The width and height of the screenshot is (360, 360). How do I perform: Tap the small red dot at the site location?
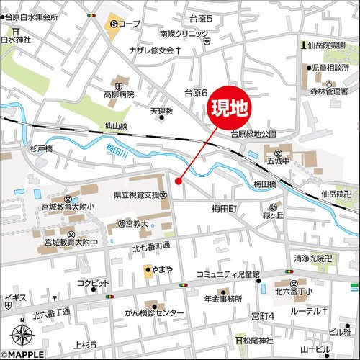click(x=179, y=181)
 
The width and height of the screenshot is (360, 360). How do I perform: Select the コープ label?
click(x=132, y=24)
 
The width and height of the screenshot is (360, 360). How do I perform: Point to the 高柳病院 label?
click(x=119, y=94)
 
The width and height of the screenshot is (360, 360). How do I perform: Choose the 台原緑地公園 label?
click(x=253, y=134)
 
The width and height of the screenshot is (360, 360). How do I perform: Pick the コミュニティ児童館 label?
click(x=228, y=274)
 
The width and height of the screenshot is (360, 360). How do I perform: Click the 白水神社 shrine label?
click(x=17, y=40)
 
